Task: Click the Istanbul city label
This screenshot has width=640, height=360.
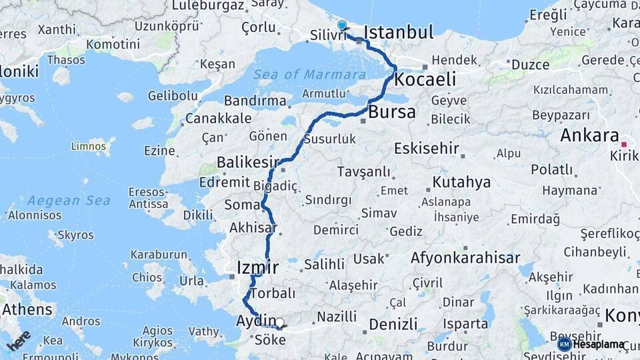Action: click(399, 32)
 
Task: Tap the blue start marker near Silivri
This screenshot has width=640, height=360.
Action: click(342, 26)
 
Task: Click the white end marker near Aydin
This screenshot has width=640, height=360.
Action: click(279, 323)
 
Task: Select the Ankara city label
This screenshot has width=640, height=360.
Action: click(589, 135)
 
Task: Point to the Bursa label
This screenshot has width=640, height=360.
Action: click(391, 111)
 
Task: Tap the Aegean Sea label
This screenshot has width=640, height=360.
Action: click(69, 200)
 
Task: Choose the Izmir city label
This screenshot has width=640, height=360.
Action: click(257, 267)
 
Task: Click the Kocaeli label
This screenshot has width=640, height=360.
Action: click(425, 79)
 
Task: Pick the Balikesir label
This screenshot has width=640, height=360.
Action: click(247, 163)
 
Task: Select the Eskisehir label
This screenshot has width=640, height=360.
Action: click(427, 148)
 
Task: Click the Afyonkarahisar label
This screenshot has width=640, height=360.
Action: click(466, 257)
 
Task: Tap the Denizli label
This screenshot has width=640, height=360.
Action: click(393, 324)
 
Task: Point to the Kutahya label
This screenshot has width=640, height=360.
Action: click(461, 182)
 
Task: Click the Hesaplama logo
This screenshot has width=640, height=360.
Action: click(592, 344)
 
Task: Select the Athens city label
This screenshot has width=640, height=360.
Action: click(27, 310)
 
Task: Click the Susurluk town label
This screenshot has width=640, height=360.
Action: click(329, 139)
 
